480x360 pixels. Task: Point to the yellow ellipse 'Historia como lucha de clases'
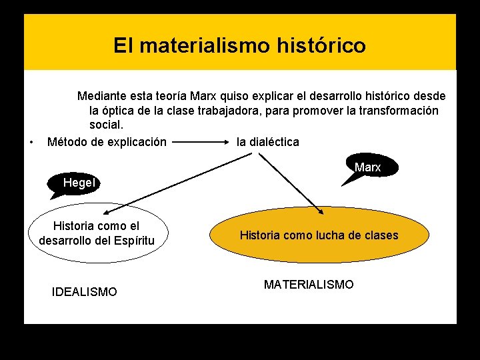tap(318, 235)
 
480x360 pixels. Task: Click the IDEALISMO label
tap(84, 292)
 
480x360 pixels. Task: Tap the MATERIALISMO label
tap(309, 285)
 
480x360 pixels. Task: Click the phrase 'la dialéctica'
tap(268, 142)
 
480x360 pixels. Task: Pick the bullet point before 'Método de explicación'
tap(32, 142)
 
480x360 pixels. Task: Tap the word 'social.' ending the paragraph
tap(107, 125)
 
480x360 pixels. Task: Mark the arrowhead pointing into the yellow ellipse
tap(321, 212)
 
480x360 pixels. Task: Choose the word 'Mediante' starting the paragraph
tap(102, 96)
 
